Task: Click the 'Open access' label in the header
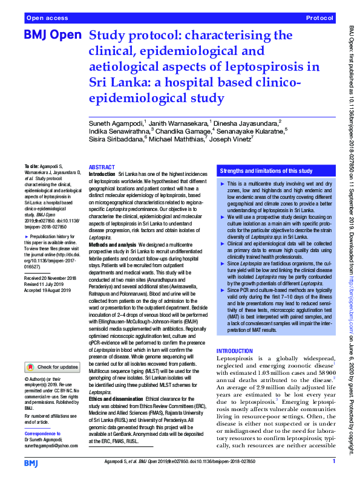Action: tap(46, 18)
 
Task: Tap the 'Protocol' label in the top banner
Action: tap(320, 18)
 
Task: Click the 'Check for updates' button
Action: tap(53, 366)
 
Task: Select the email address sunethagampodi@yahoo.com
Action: tap(52, 445)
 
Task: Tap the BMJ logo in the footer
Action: tap(31, 462)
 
